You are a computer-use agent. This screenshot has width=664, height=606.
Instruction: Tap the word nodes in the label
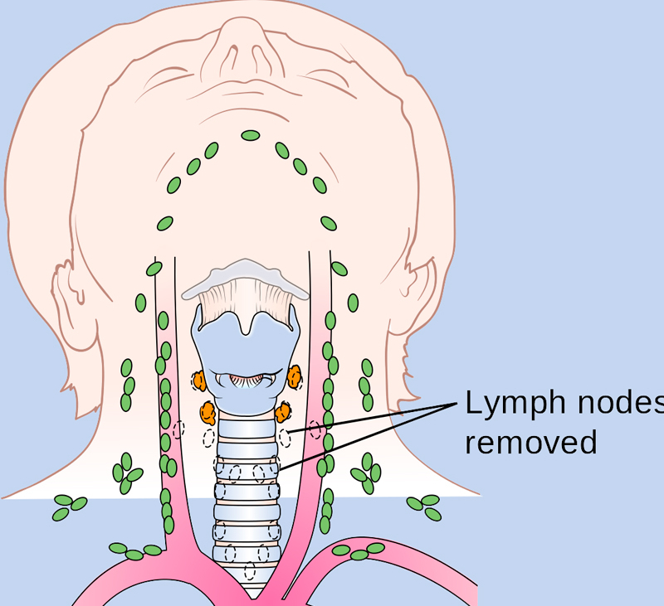pos(614,404)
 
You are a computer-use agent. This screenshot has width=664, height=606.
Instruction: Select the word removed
pos(530,441)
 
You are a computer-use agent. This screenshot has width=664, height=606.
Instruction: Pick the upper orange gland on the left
pos(199,381)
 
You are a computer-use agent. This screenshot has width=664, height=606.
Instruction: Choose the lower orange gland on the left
pos(207,410)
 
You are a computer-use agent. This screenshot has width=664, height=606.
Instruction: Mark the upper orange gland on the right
pos(295,377)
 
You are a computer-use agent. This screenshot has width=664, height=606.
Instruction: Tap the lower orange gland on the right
pos(285,410)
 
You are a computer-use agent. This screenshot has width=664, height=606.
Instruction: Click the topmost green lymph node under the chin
pos(250,135)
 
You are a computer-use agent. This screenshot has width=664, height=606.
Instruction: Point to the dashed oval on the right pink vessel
pos(315,430)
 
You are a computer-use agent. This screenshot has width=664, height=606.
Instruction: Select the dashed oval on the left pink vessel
pos(178,429)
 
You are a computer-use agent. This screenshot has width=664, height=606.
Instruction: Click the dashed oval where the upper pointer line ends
pos(285,437)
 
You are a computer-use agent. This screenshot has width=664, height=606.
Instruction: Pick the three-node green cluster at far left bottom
pos(70,506)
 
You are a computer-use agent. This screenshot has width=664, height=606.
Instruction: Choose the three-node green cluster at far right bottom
pos(424,505)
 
